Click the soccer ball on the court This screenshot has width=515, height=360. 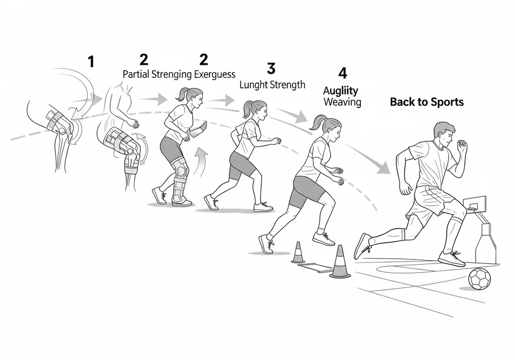tap(479, 279)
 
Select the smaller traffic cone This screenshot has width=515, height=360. tap(298, 252)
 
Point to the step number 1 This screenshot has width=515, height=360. tap(91, 62)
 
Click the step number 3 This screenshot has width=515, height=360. tap(271, 69)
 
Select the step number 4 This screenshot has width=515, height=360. tap(342, 73)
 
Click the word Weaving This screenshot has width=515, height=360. tap(342, 102)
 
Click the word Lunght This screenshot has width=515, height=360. tap(253, 85)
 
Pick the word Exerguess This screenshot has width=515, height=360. tap(215, 74)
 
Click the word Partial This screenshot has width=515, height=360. tap(136, 74)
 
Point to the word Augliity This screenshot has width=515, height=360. tap(340, 91)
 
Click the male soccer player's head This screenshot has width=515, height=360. tap(444, 135)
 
